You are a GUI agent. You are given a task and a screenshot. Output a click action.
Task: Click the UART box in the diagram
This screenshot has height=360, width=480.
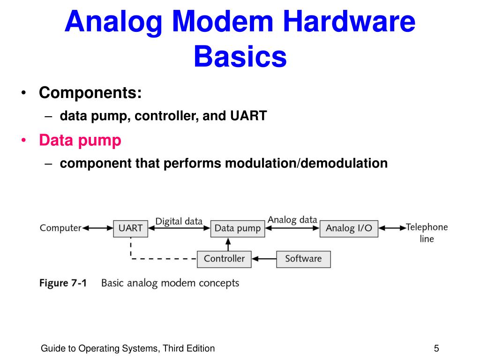tap(130, 228)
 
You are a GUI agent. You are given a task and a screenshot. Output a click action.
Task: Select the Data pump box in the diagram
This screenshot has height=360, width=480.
tap(237, 228)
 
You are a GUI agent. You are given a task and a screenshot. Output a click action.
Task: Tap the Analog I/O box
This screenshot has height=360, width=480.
tap(349, 228)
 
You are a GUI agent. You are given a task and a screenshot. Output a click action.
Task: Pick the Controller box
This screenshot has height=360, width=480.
tap(224, 259)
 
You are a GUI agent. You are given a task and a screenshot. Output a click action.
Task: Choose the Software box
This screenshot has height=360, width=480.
tap(303, 259)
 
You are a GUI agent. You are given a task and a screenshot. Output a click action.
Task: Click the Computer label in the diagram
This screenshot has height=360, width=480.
tap(60, 228)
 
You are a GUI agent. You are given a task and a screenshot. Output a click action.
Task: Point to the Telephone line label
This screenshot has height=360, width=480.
tap(427, 233)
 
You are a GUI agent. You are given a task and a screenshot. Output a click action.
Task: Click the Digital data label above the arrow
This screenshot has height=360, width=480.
tap(179, 221)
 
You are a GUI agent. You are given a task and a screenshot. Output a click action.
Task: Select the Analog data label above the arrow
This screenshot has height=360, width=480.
tap(292, 220)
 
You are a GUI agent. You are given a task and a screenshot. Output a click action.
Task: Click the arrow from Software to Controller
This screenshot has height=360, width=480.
tap(263, 259)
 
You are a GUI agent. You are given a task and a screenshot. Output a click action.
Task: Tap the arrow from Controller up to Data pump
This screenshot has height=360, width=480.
tap(228, 244)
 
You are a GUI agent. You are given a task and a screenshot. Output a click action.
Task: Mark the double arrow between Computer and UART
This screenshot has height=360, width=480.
tap(97, 228)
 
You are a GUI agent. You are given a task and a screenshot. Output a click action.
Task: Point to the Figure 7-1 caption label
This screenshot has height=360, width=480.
tap(63, 283)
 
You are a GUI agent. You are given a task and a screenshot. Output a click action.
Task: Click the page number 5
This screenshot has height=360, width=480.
tap(436, 348)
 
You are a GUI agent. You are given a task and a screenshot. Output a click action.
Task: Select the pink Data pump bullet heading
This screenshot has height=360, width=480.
tap(80, 140)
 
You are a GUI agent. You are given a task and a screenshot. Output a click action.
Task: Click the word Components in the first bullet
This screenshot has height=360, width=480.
tap(90, 93)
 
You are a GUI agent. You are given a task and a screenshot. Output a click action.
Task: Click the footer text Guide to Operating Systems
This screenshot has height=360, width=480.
tap(127, 348)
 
